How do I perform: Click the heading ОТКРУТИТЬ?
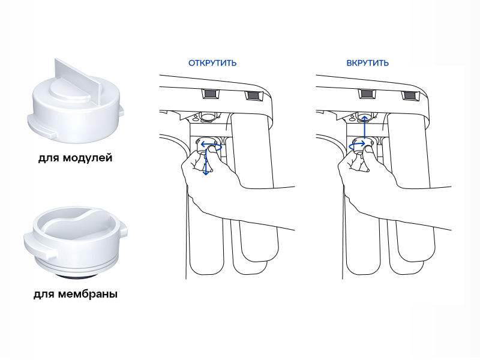tap(212, 63)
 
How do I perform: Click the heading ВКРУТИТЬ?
tap(367, 63)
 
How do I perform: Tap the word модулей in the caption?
tap(88, 158)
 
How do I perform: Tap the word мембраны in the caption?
tap(88, 294)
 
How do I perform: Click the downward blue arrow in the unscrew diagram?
tap(206, 162)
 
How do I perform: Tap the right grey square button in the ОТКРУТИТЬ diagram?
tap(253, 95)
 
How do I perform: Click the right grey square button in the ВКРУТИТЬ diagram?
tap(410, 95)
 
